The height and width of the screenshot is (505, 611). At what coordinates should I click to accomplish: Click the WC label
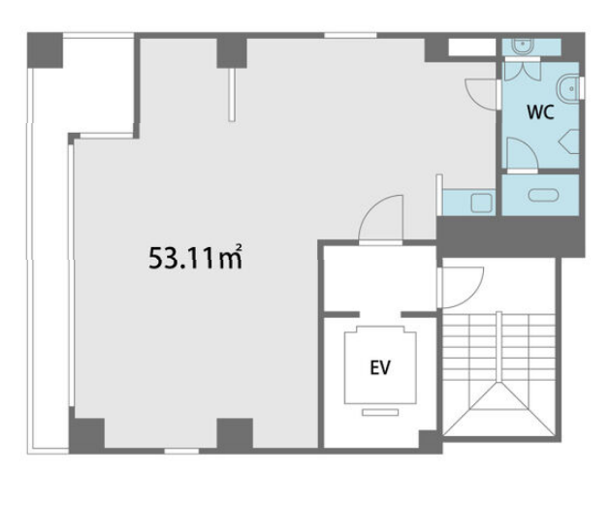540,112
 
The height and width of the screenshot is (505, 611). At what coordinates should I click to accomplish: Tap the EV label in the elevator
380,367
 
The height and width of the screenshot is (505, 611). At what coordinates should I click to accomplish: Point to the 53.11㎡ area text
195,258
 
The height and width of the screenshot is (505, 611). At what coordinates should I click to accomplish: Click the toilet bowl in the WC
567,89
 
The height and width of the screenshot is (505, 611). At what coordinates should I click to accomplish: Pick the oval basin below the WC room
543,195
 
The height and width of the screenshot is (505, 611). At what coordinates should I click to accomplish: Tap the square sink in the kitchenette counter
482,203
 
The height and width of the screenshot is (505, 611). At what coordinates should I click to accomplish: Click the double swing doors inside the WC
523,71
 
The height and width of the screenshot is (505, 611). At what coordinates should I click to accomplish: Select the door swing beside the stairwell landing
463,287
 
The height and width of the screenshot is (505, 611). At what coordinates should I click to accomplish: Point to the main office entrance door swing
380,218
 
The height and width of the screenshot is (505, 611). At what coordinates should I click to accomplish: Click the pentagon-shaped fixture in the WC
569,142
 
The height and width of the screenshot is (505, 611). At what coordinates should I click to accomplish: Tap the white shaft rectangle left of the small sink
471,47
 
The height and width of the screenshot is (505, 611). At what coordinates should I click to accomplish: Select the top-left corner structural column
46,50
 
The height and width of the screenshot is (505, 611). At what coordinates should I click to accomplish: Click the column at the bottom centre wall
235,433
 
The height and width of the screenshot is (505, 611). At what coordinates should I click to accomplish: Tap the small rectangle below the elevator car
380,412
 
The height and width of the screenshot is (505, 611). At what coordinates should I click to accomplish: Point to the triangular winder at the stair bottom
498,410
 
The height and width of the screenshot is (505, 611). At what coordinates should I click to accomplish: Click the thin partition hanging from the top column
232,95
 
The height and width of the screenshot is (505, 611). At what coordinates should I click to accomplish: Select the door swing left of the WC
481,94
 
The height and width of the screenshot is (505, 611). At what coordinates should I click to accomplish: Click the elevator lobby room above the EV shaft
380,279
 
